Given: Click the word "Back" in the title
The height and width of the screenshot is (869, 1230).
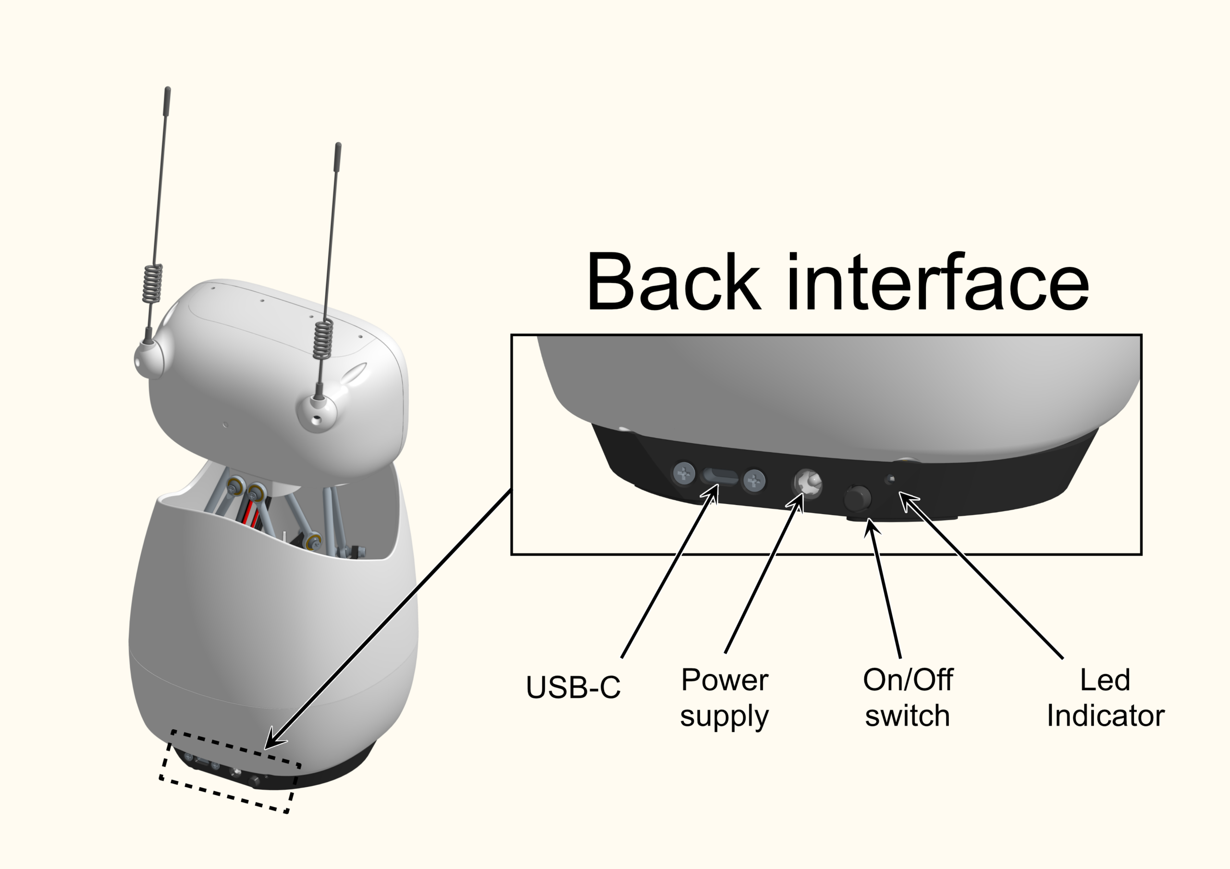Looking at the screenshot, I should [x=673, y=282].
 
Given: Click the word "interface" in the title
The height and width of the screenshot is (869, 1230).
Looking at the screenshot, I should [x=937, y=282].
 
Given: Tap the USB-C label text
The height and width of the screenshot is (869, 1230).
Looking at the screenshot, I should [x=573, y=687].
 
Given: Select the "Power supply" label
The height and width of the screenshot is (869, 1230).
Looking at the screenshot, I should [x=724, y=697].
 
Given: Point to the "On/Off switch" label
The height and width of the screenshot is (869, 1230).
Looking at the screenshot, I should [x=908, y=697].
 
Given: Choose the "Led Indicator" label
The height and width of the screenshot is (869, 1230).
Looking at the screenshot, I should [x=1105, y=697].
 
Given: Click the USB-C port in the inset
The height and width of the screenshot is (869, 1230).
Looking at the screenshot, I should [x=719, y=476].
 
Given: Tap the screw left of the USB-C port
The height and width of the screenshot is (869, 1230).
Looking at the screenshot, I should [x=684, y=473].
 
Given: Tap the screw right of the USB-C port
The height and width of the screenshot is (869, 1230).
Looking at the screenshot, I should [x=754, y=480].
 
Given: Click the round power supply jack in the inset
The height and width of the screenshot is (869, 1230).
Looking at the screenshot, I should [x=807, y=483].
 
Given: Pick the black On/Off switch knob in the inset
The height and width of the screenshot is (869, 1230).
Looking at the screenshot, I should [x=857, y=497].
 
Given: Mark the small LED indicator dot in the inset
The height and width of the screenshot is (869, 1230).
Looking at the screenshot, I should [x=891, y=479].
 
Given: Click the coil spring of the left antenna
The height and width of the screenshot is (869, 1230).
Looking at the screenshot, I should [x=153, y=283].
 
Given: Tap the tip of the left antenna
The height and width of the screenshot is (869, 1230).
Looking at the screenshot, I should [x=168, y=90].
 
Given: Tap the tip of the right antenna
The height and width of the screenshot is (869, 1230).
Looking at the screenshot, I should [x=338, y=145].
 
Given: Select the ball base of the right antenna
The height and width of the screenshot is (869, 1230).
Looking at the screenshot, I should [x=317, y=413].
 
